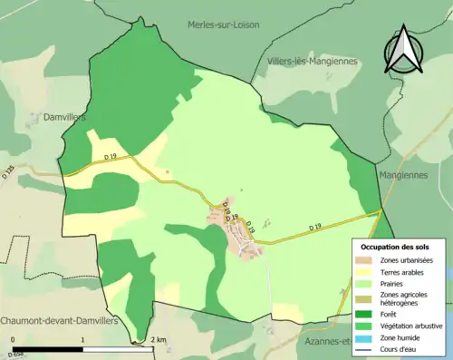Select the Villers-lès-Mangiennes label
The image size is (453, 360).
313,61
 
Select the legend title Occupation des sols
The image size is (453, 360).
401,246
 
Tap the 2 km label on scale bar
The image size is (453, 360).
159,340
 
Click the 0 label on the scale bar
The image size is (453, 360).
13,340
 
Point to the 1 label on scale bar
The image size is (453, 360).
82,340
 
